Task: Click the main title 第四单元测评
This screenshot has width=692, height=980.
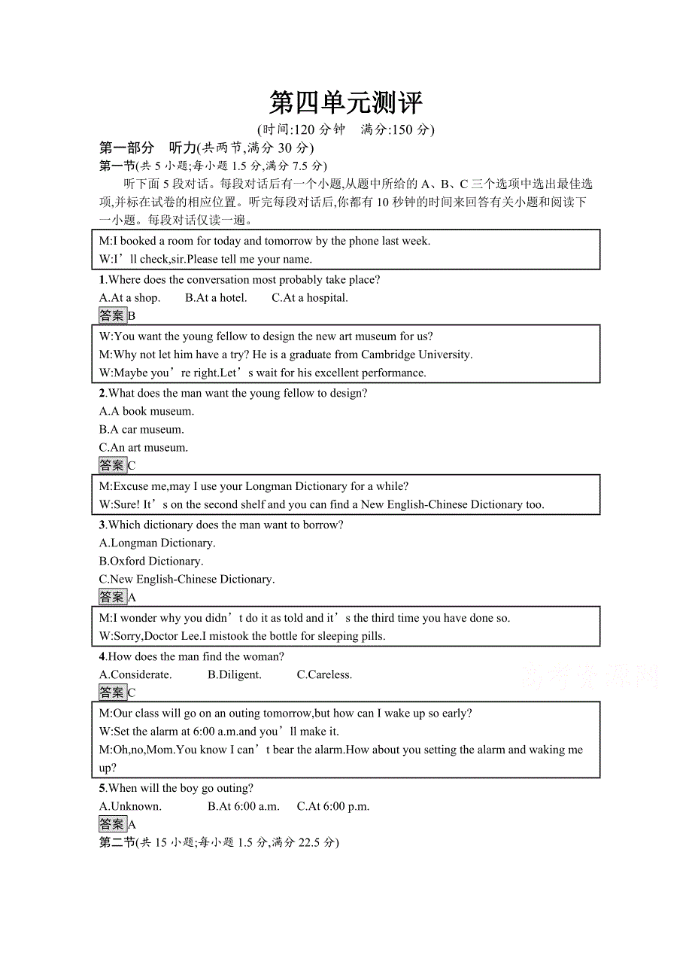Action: [x=346, y=102]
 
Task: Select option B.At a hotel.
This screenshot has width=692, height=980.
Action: [x=216, y=298]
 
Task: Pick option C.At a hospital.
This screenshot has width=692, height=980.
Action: [x=309, y=298]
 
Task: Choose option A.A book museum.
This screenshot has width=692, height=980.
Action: [x=147, y=412]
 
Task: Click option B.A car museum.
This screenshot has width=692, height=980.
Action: [x=141, y=430]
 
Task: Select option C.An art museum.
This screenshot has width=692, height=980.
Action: [x=144, y=448]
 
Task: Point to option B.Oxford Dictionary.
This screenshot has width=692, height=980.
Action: [x=151, y=562]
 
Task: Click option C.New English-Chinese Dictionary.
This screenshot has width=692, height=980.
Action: [x=187, y=580]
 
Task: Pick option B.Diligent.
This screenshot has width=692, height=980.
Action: [x=235, y=675]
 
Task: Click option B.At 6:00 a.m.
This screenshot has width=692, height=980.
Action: [x=244, y=807]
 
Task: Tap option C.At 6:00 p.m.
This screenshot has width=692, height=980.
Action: [x=333, y=807]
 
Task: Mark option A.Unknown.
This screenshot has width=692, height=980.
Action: [x=130, y=807]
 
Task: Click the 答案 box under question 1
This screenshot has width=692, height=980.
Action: [x=112, y=316]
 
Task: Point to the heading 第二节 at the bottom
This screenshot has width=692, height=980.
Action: [x=117, y=843]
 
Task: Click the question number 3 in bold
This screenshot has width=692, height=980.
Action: [x=102, y=525]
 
